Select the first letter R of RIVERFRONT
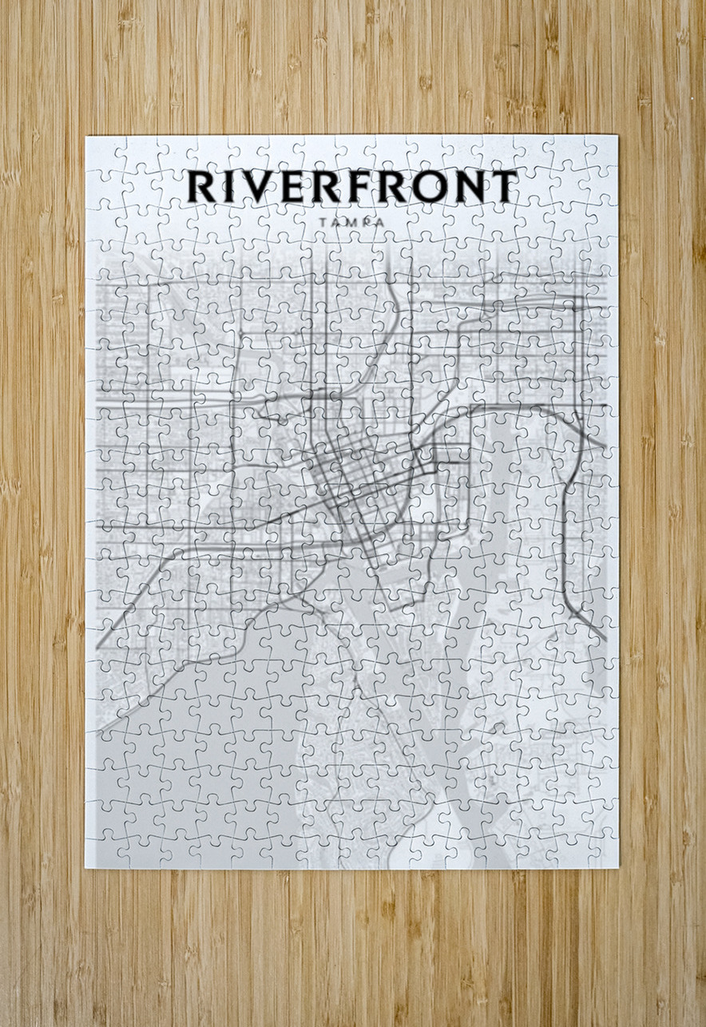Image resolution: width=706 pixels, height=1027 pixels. [202, 187]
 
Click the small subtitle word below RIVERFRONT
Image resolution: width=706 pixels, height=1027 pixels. [351, 223]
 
